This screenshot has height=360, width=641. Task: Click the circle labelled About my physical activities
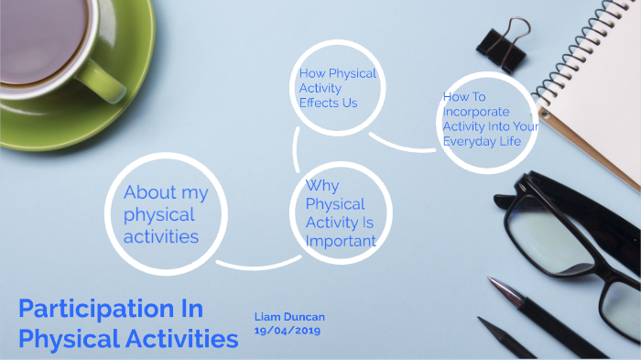click(165, 216)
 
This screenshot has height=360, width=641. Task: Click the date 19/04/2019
click(289, 330)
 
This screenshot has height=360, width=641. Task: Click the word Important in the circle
click(341, 241)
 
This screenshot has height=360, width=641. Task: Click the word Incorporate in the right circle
click(476, 111)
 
